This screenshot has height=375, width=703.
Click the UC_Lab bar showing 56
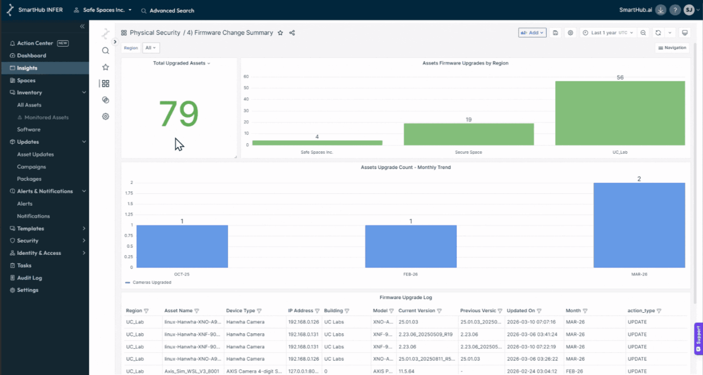coord(620,113)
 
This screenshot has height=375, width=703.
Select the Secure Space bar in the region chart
coord(468,134)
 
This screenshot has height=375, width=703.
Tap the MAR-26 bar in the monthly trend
coord(639,225)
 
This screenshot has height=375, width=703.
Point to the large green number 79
coord(179,114)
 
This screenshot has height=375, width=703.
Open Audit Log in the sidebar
coord(30,277)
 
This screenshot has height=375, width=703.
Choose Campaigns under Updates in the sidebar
coord(31,166)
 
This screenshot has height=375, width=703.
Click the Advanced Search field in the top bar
coord(172,11)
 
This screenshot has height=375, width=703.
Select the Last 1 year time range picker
coord(608,33)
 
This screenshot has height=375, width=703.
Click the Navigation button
coord(672,48)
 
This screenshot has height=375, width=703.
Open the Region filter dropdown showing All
coord(151,48)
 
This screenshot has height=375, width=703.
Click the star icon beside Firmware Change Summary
coord(280,33)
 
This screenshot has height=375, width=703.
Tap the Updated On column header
coord(521,311)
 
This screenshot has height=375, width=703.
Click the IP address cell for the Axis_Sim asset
coord(303,371)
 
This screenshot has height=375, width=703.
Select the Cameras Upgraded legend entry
coord(152,283)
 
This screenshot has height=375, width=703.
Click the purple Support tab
coord(697,339)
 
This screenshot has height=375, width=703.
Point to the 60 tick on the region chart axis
coord(246,77)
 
